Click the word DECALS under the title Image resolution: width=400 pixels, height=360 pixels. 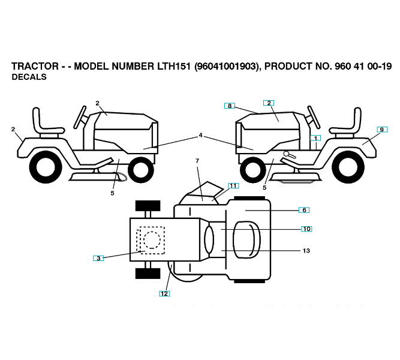(x=29, y=77)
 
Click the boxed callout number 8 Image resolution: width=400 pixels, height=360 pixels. (x=230, y=106)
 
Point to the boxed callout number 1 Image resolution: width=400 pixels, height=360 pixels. (x=315, y=138)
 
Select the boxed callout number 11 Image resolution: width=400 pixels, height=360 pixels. (x=233, y=185)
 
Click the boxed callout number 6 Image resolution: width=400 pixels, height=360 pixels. (x=304, y=210)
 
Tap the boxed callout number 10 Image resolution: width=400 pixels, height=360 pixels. (x=306, y=229)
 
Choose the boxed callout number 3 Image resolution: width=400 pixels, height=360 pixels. (x=99, y=258)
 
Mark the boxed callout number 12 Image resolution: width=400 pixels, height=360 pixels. (x=164, y=293)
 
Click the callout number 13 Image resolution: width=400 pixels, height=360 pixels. (x=306, y=251)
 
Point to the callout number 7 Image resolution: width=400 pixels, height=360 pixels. (x=197, y=161)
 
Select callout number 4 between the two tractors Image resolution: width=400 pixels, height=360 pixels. (x=201, y=136)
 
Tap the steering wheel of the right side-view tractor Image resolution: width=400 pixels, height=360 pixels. (x=314, y=118)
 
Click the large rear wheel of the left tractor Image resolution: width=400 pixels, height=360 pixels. (x=45, y=167)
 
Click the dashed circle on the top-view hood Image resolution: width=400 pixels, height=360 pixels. (x=152, y=240)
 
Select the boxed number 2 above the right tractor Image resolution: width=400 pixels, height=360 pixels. (x=269, y=103)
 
